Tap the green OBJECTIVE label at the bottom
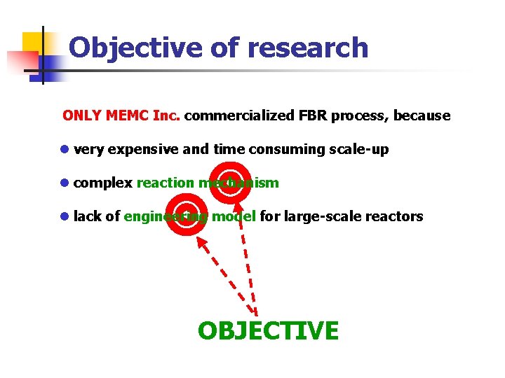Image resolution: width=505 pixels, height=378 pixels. (x=268, y=330)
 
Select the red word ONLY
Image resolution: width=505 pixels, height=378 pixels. (x=82, y=115)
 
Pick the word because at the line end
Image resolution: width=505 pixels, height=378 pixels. (x=422, y=115)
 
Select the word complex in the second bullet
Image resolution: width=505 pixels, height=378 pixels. (x=103, y=183)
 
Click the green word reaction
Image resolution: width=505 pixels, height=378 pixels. (x=166, y=183)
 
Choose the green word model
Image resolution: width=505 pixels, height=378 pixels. (x=234, y=216)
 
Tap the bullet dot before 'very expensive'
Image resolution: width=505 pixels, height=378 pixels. (x=65, y=149)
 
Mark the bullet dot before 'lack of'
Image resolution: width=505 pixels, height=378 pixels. (x=65, y=216)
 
